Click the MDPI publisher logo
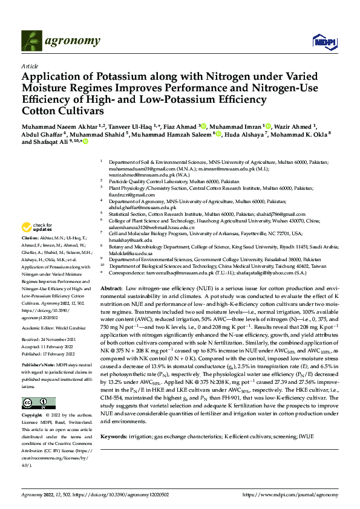click(x=323, y=41)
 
